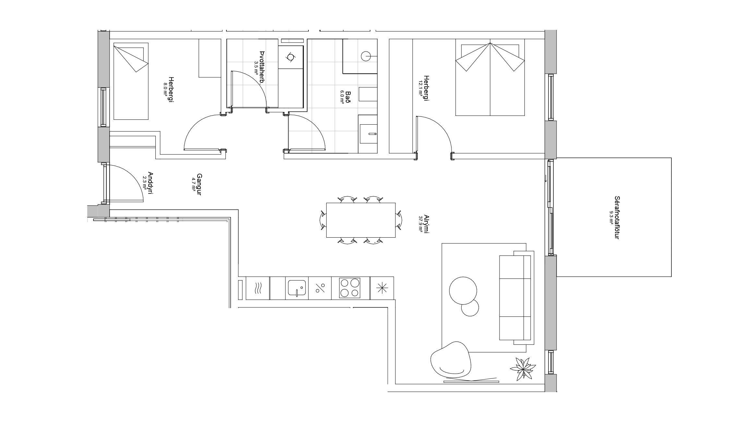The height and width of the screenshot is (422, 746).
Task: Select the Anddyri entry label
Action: coord(150,183)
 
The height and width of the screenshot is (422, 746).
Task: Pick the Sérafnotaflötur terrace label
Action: coord(617,217)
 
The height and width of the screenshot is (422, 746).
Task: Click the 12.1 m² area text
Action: coord(421,89)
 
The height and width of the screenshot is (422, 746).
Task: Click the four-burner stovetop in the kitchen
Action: coord(350,288)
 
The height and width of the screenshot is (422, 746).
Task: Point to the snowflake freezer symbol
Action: coord(382,288)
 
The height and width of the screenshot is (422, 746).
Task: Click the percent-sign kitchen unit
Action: coord(320,288)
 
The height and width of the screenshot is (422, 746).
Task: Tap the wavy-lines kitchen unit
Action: coord(258,288)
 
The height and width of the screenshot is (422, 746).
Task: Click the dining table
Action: coord(361,220)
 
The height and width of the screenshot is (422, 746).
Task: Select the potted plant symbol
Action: coord(523,368)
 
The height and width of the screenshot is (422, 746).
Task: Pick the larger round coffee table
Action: coord(463,290)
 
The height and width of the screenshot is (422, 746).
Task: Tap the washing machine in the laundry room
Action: coord(290,57)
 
